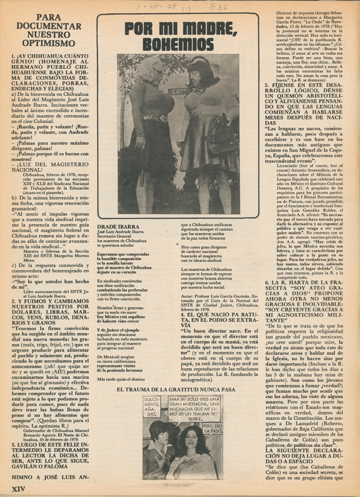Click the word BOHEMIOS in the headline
coord(178,44)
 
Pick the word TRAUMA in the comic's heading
coord(159,389)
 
